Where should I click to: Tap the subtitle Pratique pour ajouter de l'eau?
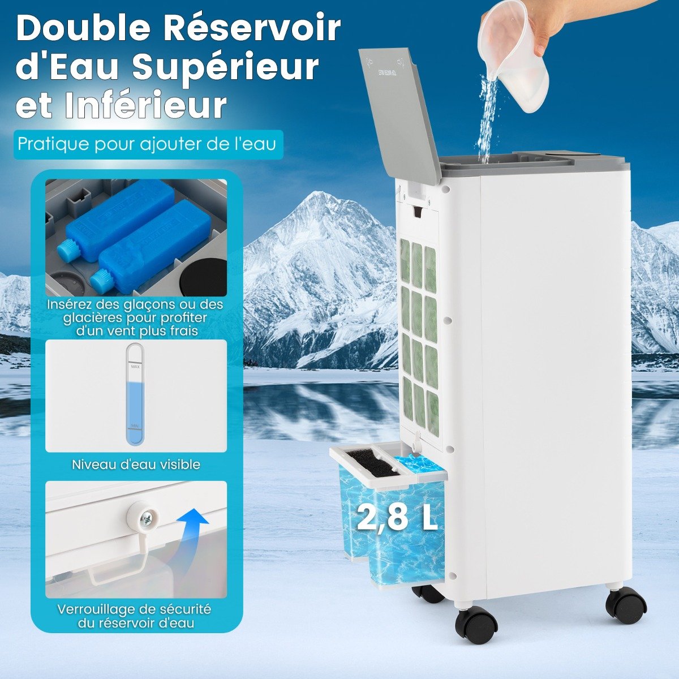(147, 144)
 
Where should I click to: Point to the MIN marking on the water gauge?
(135, 426)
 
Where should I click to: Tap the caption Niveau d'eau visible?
(136, 465)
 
